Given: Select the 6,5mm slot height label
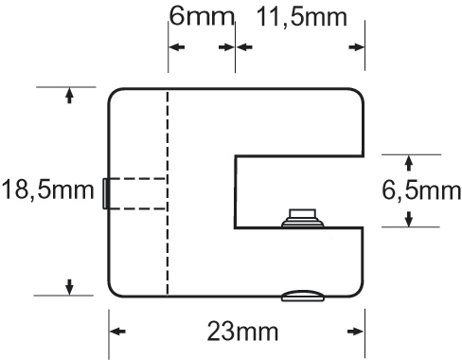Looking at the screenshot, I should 419,190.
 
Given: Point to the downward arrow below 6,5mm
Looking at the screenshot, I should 409,219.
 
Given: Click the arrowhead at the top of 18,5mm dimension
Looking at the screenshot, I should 69,94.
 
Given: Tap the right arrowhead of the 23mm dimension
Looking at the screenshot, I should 358,332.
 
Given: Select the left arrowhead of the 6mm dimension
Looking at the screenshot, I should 174,46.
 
